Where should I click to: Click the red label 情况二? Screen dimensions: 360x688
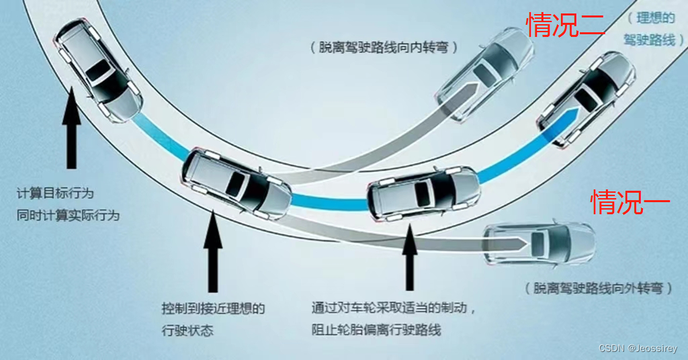[x=565, y=26]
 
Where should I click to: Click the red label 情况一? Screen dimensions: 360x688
[x=630, y=201]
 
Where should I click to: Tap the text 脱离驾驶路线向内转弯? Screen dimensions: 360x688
[x=384, y=48]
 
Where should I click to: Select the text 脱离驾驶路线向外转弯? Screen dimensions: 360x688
[x=599, y=288]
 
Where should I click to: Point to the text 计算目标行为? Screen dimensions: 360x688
[x=55, y=193]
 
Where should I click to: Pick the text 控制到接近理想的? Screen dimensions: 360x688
[x=213, y=309]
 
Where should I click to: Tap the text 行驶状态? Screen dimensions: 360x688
[x=187, y=331]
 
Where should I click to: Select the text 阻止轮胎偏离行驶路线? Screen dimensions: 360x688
[x=377, y=330]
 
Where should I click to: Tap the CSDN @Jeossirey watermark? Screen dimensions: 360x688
[x=638, y=349]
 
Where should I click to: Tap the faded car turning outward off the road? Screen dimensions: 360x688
[x=541, y=242]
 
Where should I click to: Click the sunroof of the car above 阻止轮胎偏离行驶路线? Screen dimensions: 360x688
[x=423, y=195]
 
